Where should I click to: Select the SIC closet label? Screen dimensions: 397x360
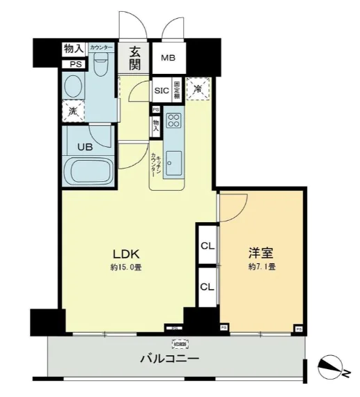point(161,91)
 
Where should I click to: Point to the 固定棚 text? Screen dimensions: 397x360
point(177,89)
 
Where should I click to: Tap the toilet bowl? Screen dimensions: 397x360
point(100,68)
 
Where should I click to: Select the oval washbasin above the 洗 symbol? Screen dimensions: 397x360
point(73,86)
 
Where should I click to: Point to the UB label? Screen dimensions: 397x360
point(84,147)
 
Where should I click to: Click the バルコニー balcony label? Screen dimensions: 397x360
point(169,359)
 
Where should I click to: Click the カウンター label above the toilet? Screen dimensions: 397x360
point(100,47)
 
